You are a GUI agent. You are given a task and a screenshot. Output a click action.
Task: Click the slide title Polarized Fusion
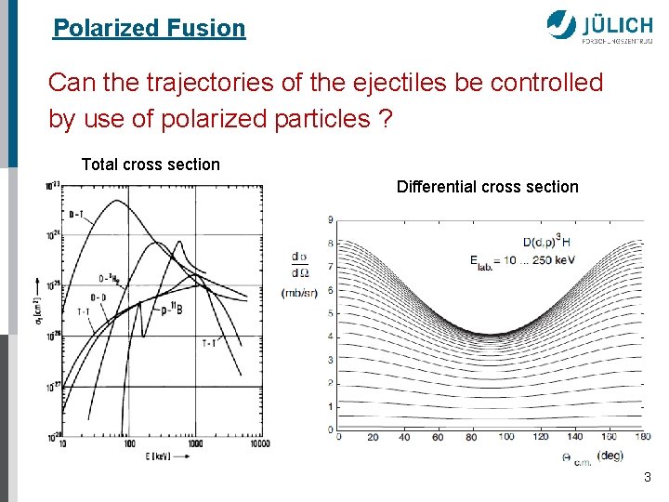(149, 28)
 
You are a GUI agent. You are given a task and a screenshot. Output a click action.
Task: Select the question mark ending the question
(384, 119)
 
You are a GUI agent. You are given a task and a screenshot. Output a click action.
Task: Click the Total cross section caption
(151, 165)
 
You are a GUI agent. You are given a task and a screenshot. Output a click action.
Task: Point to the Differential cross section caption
(487, 187)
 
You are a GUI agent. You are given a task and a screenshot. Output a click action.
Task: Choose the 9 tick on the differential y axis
(331, 219)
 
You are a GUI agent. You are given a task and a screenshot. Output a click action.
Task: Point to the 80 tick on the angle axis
(470, 437)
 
